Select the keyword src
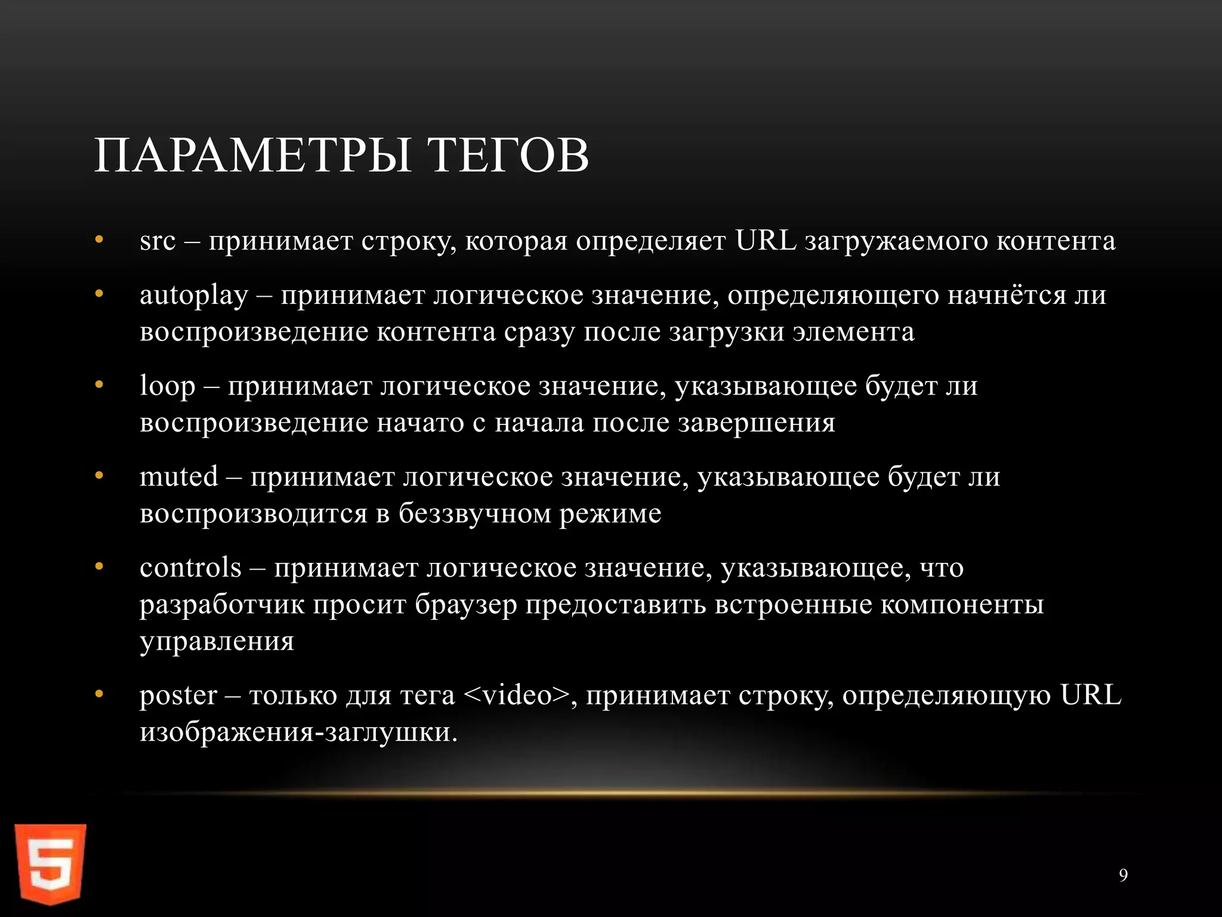click(x=158, y=241)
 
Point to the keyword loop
click(x=167, y=386)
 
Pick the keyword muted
click(x=178, y=477)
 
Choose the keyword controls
click(x=190, y=568)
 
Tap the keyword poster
click(x=178, y=696)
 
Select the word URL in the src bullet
click(x=766, y=241)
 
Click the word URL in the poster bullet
click(x=1090, y=696)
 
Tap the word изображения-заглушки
click(x=298, y=733)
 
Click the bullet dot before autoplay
click(x=99, y=294)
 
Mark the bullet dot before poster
click(x=99, y=694)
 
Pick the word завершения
click(x=757, y=423)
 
